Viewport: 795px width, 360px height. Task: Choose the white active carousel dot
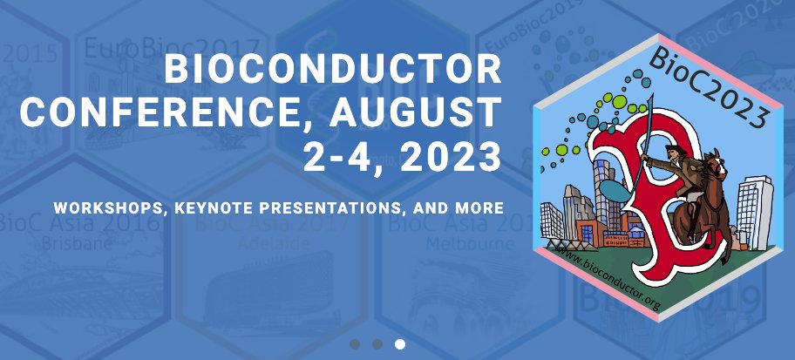tap(400, 343)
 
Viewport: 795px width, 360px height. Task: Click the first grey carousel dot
tap(355, 343)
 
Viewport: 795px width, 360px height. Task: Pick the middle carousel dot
tap(377, 343)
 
